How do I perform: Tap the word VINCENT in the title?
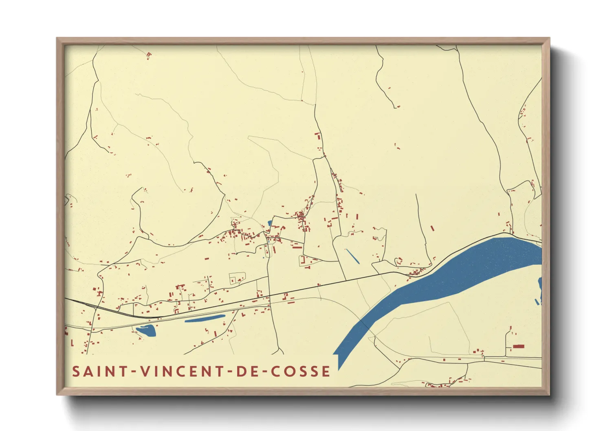coord(178,372)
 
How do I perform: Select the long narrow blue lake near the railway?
coord(205,319)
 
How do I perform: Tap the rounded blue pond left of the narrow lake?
coord(147,330)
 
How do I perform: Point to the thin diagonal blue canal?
coord(352,256)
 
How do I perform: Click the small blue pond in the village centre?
coord(270,223)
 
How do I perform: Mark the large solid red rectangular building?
coord(518,347)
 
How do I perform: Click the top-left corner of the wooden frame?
coord(57,38)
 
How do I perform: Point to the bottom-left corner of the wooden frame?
coord(57,395)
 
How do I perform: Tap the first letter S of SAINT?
coord(76,372)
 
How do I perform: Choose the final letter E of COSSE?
coord(326,372)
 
